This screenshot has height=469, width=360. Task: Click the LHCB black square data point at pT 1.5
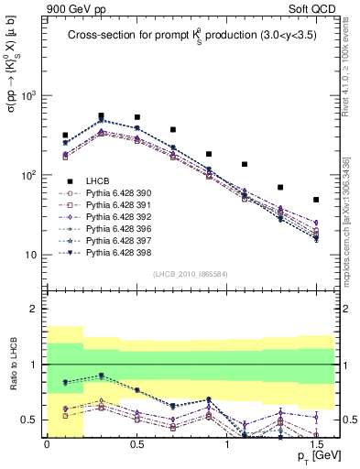click(316, 200)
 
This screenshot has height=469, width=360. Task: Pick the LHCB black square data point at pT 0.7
click(172, 130)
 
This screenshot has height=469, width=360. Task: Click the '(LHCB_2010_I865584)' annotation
click(191, 274)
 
